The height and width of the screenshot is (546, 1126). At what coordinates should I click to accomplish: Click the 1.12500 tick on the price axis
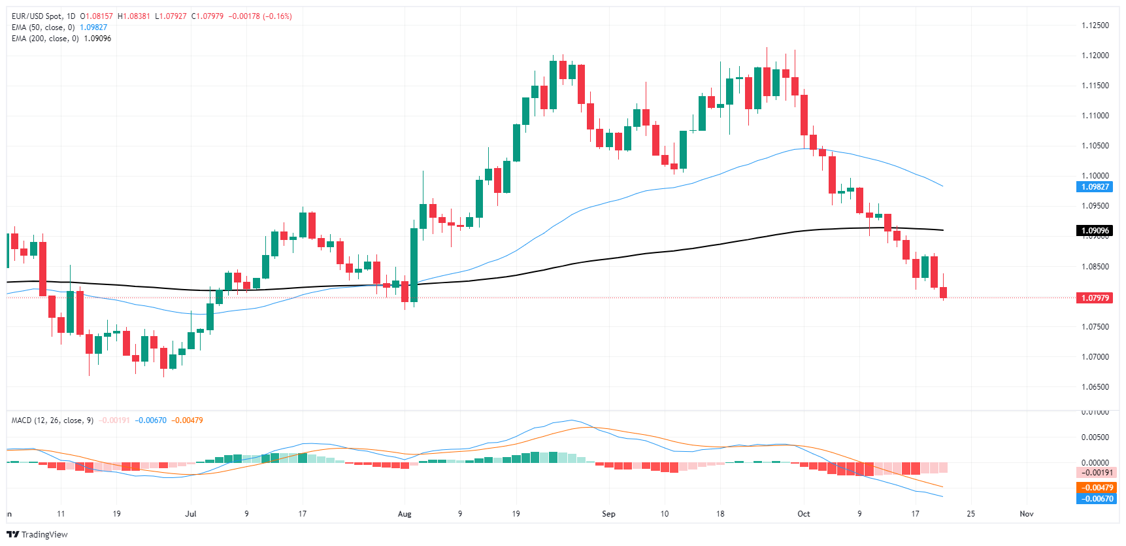[x=1095, y=26]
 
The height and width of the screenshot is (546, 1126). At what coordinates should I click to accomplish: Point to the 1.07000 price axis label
[x=1095, y=357]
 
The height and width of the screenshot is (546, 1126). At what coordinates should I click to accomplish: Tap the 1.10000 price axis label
[x=1095, y=176]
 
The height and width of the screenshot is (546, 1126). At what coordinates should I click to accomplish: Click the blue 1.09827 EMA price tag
[x=1095, y=187]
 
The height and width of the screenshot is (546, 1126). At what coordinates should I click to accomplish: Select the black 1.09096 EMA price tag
[x=1095, y=231]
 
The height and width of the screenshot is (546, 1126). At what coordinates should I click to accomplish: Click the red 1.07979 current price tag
[x=1095, y=298]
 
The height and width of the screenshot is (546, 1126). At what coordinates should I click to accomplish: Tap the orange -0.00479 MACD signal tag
[x=1097, y=488]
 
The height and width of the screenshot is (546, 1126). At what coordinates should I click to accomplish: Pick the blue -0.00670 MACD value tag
[x=1097, y=499]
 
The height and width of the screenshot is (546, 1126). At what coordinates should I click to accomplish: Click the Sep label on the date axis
[x=608, y=514]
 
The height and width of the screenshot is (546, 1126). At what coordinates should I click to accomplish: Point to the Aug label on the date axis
[x=405, y=514]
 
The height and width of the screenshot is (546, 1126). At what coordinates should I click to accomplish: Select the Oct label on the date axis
[x=804, y=514]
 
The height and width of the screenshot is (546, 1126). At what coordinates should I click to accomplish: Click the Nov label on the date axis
[x=1027, y=514]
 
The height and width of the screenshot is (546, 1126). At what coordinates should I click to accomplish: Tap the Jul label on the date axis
[x=191, y=514]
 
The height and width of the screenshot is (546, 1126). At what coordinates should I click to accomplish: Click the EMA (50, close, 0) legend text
[x=43, y=27]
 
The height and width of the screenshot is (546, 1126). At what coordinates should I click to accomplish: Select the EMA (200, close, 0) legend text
[x=45, y=39]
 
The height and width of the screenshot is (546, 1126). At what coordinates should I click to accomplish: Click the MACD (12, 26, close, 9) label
[x=52, y=420]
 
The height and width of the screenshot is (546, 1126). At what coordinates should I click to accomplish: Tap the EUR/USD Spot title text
[x=38, y=16]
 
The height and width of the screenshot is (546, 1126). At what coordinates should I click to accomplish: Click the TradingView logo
[x=37, y=534]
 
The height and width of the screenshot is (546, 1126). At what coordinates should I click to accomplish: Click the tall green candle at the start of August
[x=414, y=265]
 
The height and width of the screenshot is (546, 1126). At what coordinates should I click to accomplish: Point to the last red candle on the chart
[x=943, y=292]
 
